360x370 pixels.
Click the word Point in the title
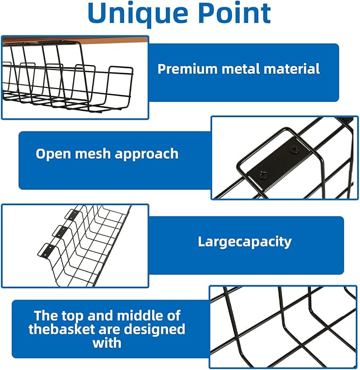point(234,14)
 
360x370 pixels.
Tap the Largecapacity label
point(245,242)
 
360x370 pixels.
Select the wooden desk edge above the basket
point(74,40)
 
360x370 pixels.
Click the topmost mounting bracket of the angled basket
point(73,215)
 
